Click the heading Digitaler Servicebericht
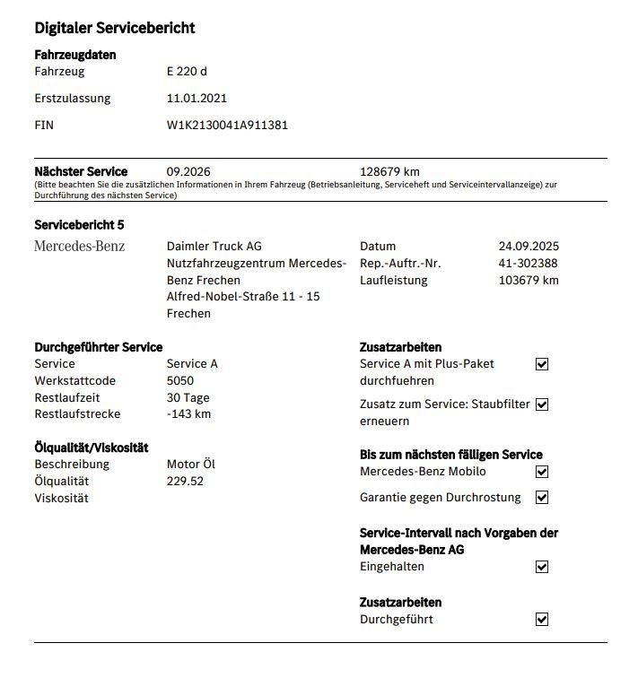(x=115, y=28)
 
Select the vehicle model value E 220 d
(x=187, y=72)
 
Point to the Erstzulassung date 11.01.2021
(x=197, y=99)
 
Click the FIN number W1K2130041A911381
(x=227, y=126)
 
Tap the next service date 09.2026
(x=188, y=171)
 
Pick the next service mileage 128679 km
(x=389, y=171)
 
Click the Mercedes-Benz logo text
(x=80, y=246)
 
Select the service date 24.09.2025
(x=529, y=246)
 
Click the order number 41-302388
(x=528, y=263)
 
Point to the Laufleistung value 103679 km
(x=529, y=280)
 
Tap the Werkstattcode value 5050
(x=180, y=381)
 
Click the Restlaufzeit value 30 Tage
(x=188, y=397)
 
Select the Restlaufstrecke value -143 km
(x=188, y=414)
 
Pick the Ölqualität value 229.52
(x=185, y=481)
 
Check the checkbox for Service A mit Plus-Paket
(x=541, y=364)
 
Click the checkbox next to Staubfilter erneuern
(x=541, y=404)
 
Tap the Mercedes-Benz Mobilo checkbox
(x=541, y=472)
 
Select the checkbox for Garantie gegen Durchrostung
(x=541, y=497)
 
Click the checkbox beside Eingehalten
(x=541, y=567)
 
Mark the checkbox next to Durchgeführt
(x=541, y=619)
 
